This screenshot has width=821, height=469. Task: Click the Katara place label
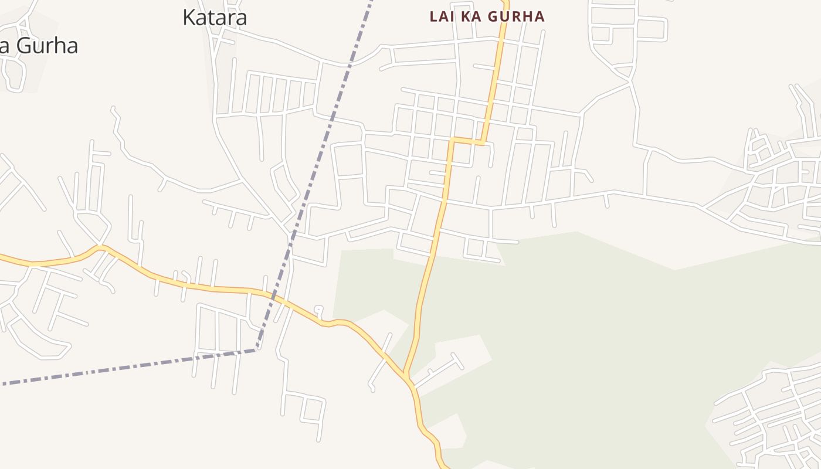pos(215,18)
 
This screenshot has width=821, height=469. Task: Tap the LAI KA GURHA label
pos(487,16)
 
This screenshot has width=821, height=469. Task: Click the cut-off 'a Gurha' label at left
pos(39,46)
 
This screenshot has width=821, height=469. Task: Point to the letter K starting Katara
pos(189,18)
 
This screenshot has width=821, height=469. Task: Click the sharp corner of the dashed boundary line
pos(257,350)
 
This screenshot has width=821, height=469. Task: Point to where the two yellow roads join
pos(405,375)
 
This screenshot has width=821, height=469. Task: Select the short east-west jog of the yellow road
pos(467,141)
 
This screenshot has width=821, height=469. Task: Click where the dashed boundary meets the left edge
pos(2,384)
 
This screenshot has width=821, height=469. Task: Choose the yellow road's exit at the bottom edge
pos(444,467)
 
